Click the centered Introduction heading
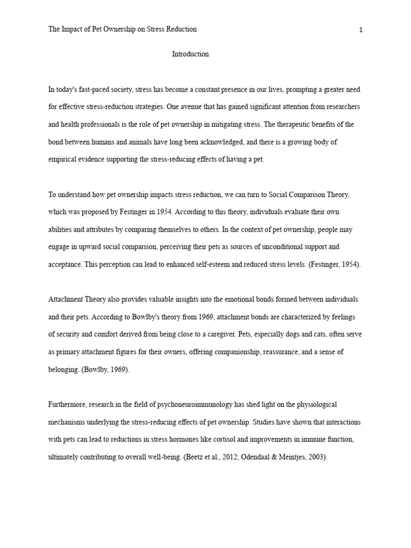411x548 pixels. tap(190, 54)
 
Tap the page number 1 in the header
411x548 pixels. tap(361, 30)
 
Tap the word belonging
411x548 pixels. tap(64, 370)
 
